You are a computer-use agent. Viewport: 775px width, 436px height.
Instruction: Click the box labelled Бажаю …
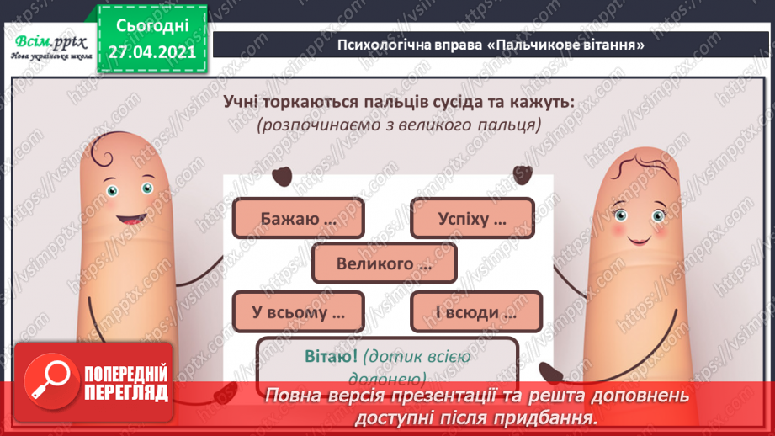coord(296,219)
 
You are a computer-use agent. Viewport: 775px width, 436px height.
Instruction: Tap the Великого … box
coord(384,264)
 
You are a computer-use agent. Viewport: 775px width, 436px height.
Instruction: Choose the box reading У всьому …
coord(296,312)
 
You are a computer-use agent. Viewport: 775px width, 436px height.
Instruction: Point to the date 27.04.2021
coord(151,51)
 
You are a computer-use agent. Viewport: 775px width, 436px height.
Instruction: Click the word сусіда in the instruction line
coord(459,102)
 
